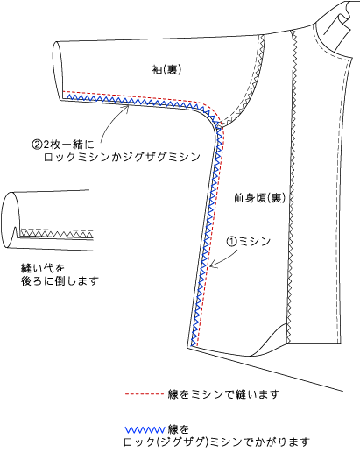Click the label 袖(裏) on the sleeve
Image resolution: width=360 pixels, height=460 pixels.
point(166,69)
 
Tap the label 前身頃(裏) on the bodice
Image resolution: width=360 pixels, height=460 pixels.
point(259,198)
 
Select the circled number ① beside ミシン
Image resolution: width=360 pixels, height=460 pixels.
point(232,242)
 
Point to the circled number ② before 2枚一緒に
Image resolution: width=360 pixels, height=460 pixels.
point(37,145)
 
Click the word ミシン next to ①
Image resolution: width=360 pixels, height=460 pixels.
point(254,242)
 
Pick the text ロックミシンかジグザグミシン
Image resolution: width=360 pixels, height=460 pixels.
point(123,158)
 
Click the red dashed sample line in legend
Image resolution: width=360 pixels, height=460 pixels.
point(144,394)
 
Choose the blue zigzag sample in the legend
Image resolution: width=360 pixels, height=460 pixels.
point(145,430)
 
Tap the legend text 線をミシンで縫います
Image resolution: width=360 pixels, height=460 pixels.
point(223,394)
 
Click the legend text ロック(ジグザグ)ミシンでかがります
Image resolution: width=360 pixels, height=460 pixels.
point(216,442)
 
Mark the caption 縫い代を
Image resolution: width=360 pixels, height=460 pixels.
point(43,268)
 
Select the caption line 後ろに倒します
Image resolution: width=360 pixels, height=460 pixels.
point(60,281)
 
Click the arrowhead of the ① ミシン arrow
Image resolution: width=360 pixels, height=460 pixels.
point(211,265)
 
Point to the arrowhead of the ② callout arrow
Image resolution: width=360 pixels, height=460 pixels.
point(128,107)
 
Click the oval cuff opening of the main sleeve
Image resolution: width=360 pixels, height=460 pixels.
point(57,71)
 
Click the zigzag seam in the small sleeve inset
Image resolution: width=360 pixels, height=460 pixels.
point(56,235)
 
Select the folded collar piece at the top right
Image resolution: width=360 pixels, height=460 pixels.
point(337,26)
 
